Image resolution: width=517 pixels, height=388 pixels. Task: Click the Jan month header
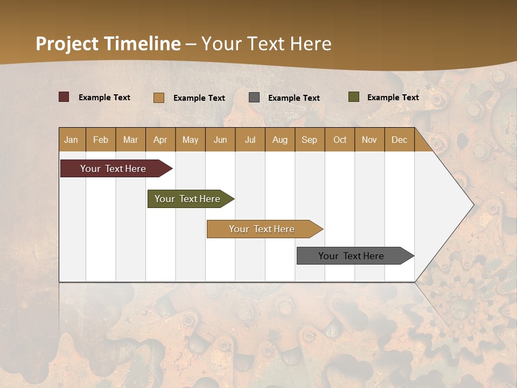tap(71, 140)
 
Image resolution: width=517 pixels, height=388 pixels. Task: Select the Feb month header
tap(101, 140)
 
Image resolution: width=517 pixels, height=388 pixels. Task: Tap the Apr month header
tap(160, 140)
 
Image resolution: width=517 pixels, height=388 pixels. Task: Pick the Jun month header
tap(220, 140)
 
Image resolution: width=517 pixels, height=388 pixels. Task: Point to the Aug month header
tap(280, 140)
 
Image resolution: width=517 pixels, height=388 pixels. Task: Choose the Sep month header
tap(310, 140)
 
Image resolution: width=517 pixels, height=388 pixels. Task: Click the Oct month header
tap(340, 140)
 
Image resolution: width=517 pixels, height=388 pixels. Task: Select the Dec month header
tap(400, 140)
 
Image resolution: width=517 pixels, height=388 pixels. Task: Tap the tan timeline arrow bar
tap(262, 229)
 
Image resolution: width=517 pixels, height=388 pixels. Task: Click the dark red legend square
tap(64, 97)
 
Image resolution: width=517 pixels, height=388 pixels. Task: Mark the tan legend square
tap(159, 98)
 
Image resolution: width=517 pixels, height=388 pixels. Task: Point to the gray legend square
tap(254, 98)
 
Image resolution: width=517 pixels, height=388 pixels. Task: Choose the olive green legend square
tap(354, 97)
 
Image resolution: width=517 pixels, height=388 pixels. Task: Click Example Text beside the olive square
tap(393, 98)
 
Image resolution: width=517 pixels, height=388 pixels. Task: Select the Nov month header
tap(369, 140)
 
